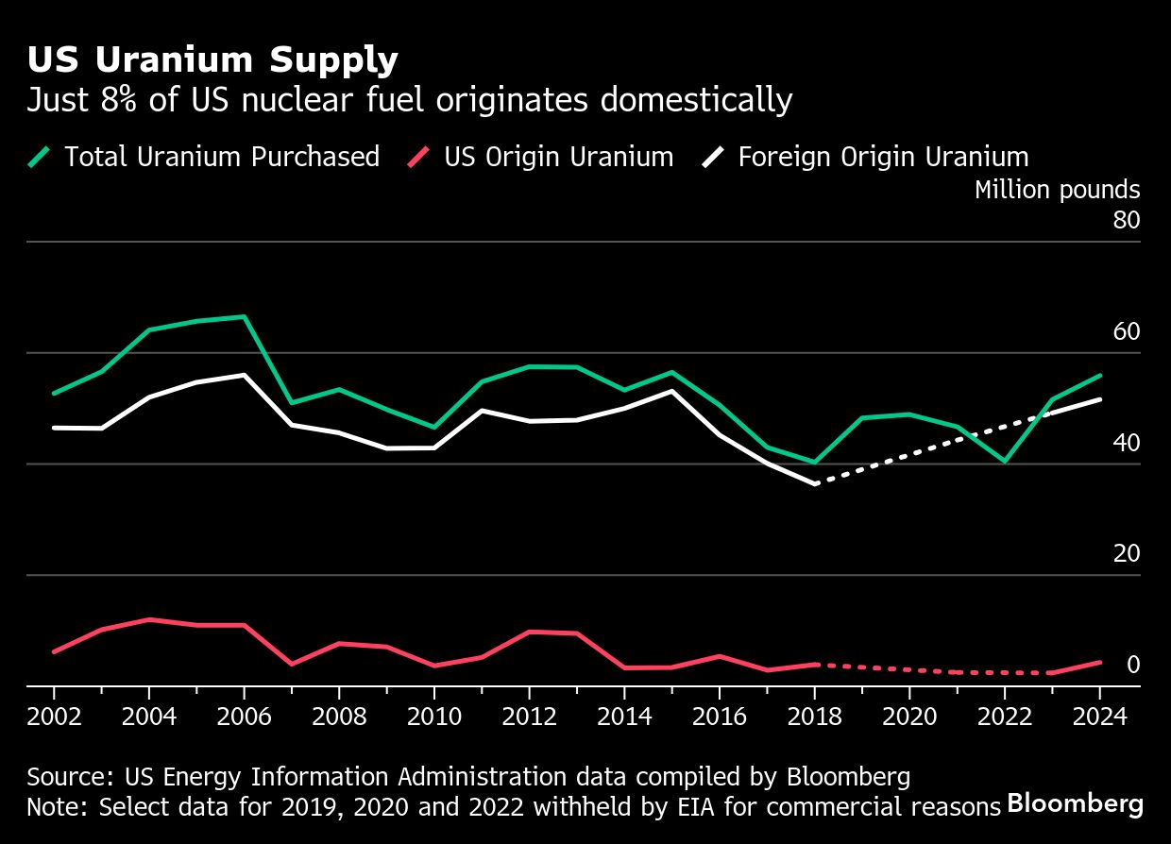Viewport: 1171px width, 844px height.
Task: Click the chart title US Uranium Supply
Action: coord(212,60)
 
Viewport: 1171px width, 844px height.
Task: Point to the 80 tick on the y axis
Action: coord(1127,221)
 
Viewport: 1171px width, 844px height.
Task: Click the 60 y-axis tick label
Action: coord(1127,332)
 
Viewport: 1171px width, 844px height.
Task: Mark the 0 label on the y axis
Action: coord(1132,666)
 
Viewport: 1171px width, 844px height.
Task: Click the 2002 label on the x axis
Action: coord(54,716)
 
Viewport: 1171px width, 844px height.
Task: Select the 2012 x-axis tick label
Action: coord(529,716)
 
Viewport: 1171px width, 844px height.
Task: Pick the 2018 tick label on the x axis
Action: coord(814,716)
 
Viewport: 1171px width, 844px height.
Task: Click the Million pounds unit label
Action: coord(1057,190)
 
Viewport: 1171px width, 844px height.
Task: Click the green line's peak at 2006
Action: coord(245,316)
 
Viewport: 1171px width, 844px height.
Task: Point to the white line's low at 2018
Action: coord(815,483)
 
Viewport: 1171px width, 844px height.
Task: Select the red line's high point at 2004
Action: coord(149,619)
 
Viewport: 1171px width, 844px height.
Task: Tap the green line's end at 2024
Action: coord(1100,375)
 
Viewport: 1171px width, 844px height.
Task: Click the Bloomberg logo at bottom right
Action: coord(1075,804)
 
